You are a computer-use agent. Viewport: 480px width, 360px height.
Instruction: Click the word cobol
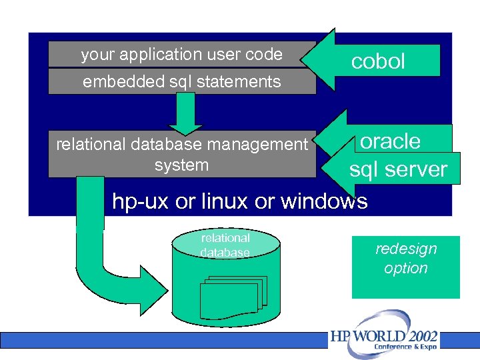pyautogui.click(x=378, y=61)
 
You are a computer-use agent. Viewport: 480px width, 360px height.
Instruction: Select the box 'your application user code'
pyautogui.click(x=181, y=55)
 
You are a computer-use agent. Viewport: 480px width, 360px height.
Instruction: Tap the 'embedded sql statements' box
pyautogui.click(x=181, y=82)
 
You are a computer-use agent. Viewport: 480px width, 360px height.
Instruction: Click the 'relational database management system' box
pyautogui.click(x=181, y=154)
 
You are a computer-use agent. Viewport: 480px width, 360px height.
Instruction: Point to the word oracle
pyautogui.click(x=391, y=141)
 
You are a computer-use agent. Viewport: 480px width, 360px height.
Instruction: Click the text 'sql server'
pyautogui.click(x=398, y=169)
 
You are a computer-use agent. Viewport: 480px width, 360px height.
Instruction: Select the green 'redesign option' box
pyautogui.click(x=405, y=267)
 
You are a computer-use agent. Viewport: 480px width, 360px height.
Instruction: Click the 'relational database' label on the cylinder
pyautogui.click(x=225, y=245)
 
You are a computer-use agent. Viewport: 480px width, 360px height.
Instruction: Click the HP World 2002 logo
pyautogui.click(x=385, y=337)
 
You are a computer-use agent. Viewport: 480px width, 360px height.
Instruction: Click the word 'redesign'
pyautogui.click(x=406, y=249)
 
